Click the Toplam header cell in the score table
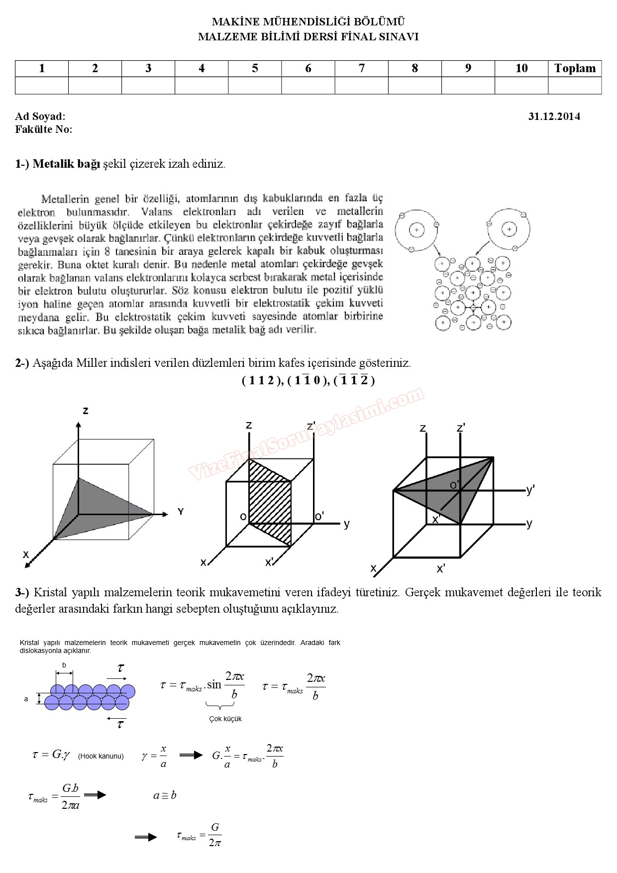575,69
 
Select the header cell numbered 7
362,69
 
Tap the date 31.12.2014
554,116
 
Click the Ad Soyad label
40,116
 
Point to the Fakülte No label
44,129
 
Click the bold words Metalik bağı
67,164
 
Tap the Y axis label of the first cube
180,512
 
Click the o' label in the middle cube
319,516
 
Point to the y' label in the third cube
530,490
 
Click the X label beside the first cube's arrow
26,554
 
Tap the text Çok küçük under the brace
225,719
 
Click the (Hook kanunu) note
101,756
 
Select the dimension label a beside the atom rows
26,699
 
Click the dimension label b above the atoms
64,665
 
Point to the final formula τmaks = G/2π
199,834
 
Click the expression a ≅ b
165,795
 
